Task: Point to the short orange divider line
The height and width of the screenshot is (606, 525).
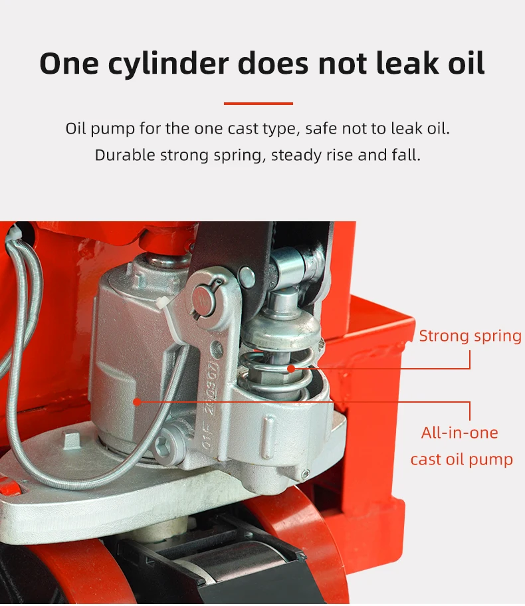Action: [x=259, y=104]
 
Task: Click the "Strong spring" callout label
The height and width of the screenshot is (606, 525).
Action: [x=470, y=336]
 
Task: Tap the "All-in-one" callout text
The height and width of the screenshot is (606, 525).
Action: [x=460, y=433]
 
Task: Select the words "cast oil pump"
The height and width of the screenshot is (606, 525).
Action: [x=462, y=460]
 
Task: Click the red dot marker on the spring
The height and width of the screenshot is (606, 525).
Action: [x=290, y=369]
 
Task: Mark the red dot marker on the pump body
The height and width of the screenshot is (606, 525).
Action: [x=137, y=402]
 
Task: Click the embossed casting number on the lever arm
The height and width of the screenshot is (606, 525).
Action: [x=211, y=407]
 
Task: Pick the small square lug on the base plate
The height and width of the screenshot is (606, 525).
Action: [x=72, y=440]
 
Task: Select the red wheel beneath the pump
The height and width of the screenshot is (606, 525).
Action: [x=306, y=541]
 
